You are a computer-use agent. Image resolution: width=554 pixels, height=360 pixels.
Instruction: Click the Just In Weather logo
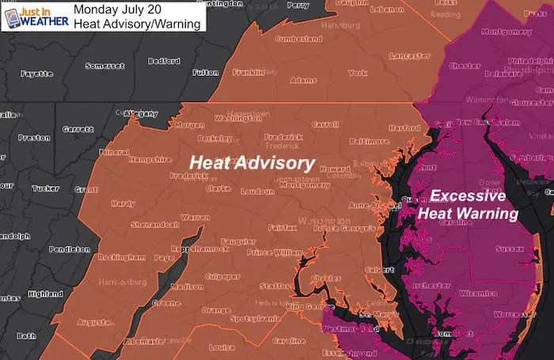[32, 16]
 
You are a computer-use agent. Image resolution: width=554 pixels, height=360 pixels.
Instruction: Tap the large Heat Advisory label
[251, 163]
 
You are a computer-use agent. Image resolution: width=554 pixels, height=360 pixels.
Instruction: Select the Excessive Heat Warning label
[468, 206]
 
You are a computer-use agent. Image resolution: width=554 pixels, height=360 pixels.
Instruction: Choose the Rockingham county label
[119, 257]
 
